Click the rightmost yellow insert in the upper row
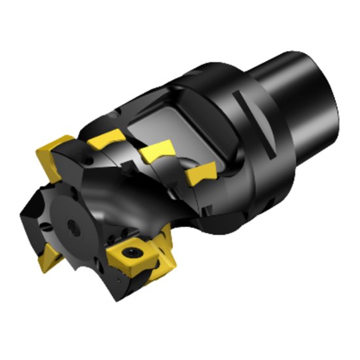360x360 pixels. [199, 174]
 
